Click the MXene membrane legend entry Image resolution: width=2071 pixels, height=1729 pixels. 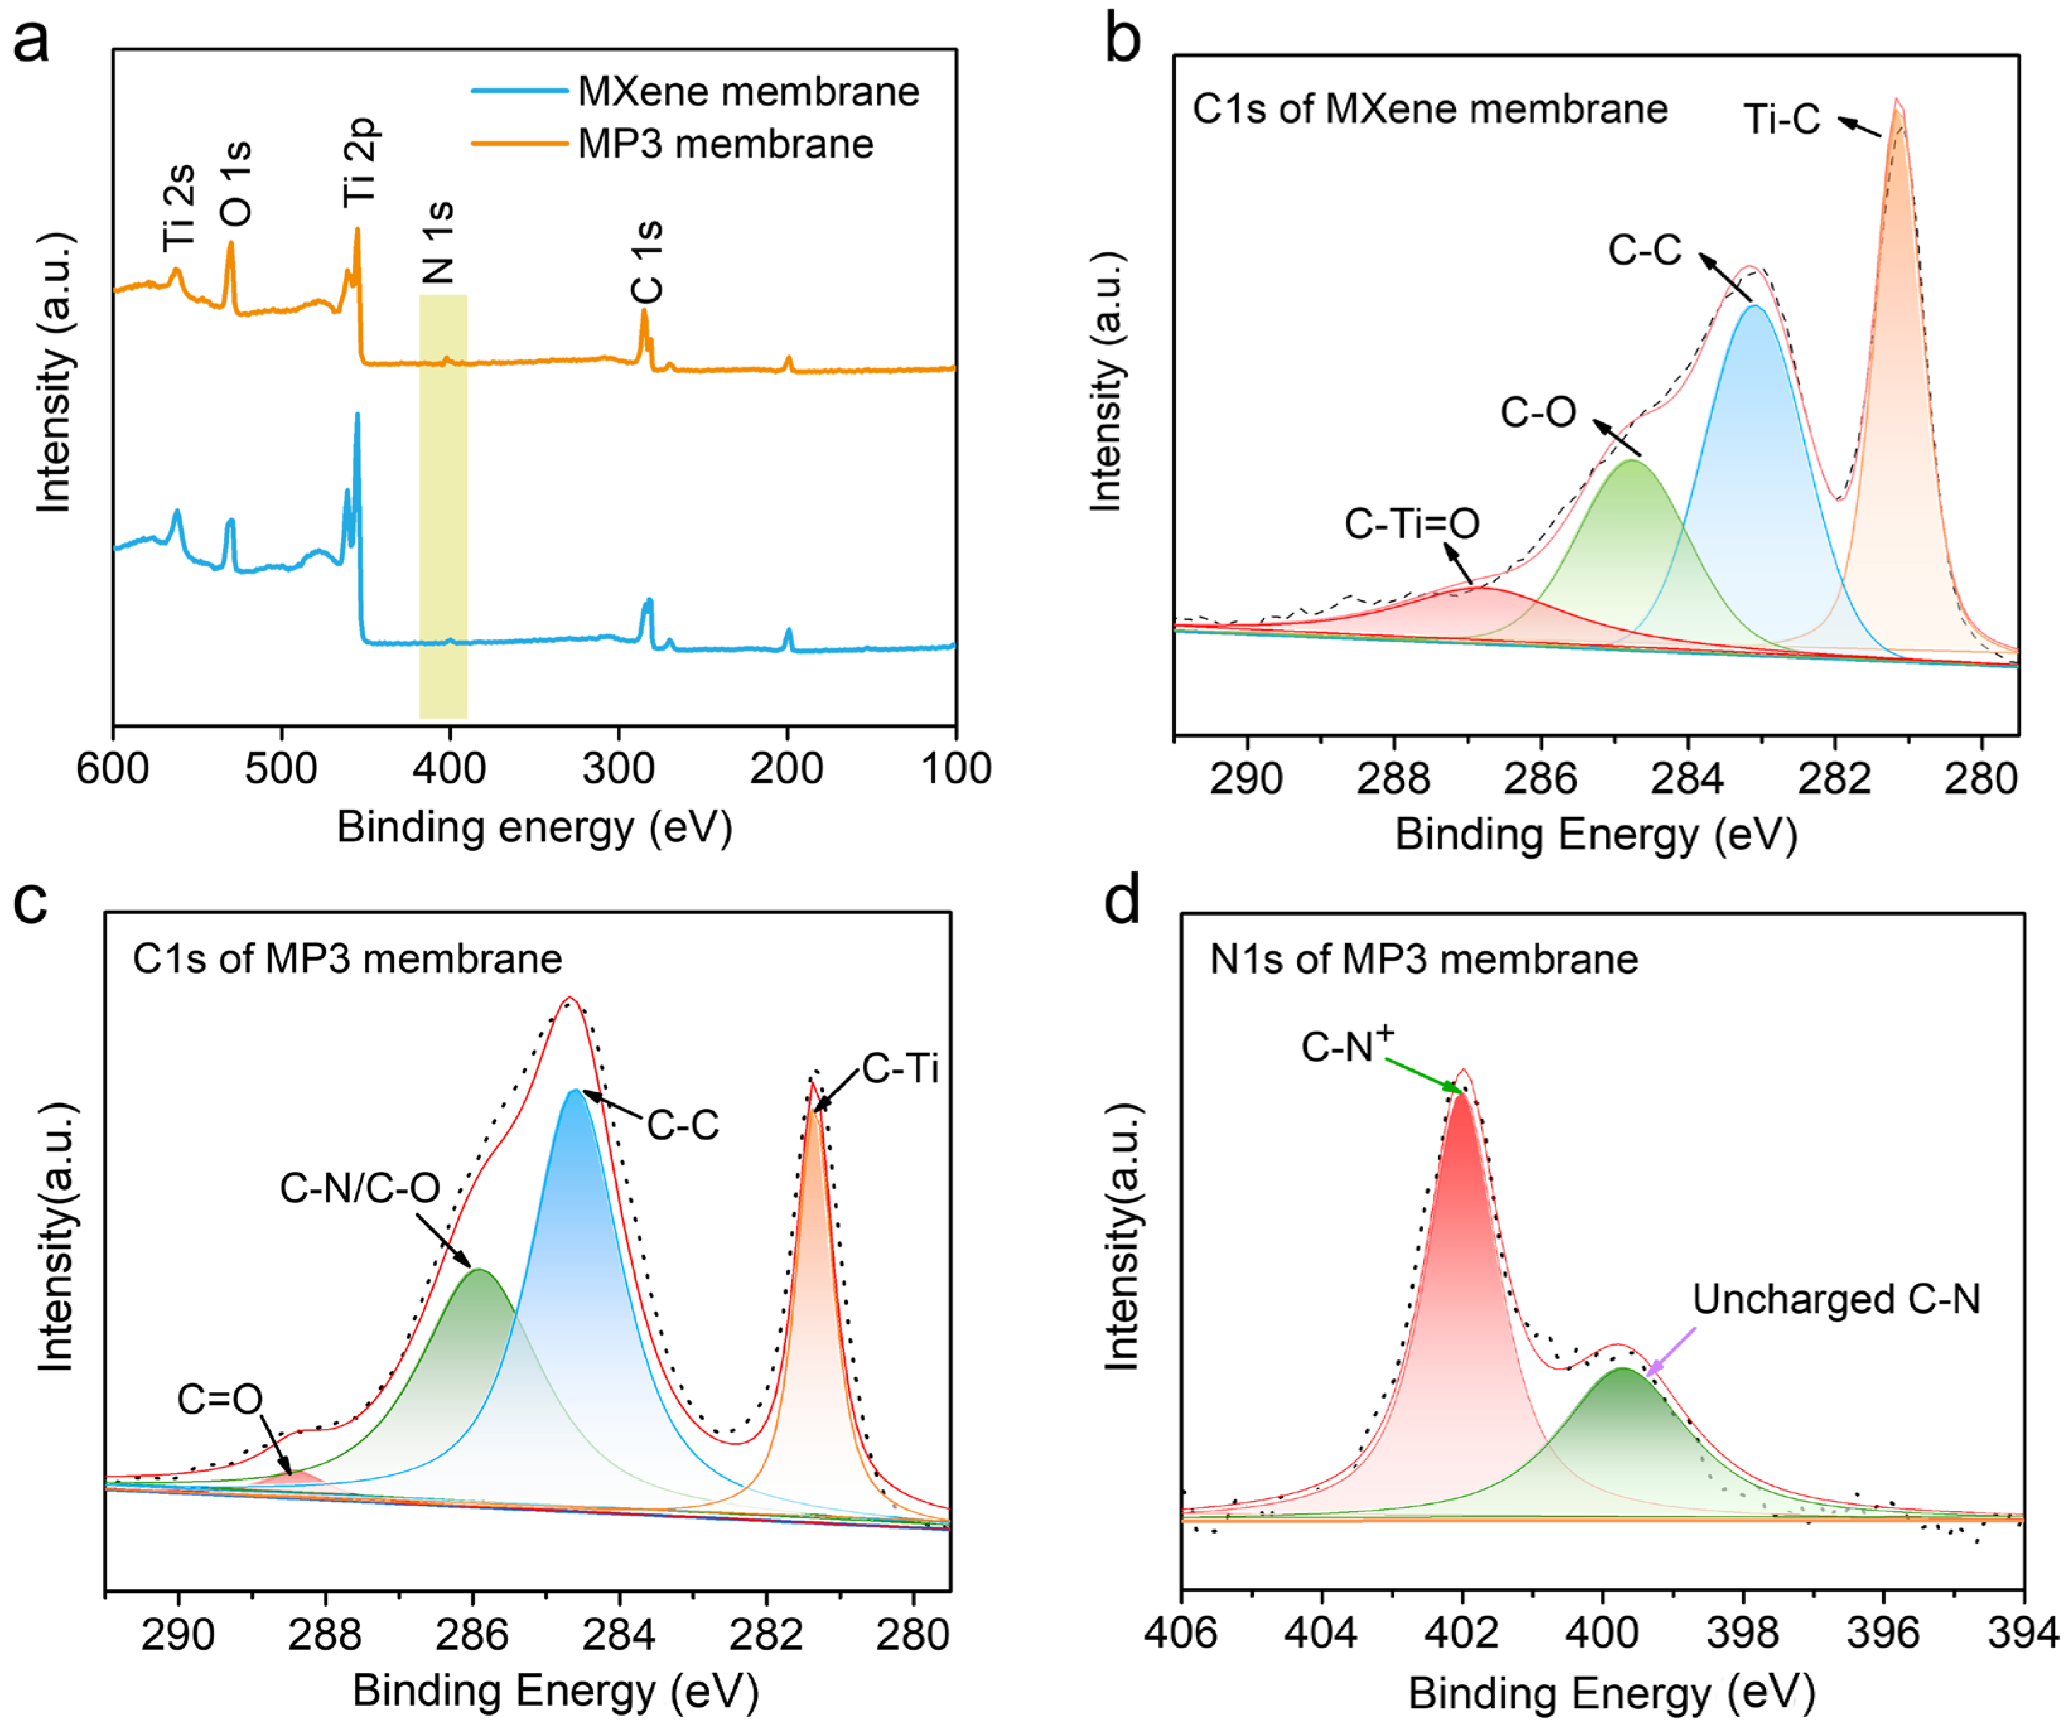click(x=747, y=91)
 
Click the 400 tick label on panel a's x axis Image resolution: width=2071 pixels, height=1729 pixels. click(x=450, y=768)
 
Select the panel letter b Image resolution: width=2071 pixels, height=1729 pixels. click(x=1123, y=40)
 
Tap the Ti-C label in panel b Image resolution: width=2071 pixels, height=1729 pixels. click(x=1781, y=119)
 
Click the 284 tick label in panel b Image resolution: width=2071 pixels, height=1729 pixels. click(x=1688, y=779)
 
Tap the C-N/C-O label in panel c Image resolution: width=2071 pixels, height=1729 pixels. click(x=360, y=1189)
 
